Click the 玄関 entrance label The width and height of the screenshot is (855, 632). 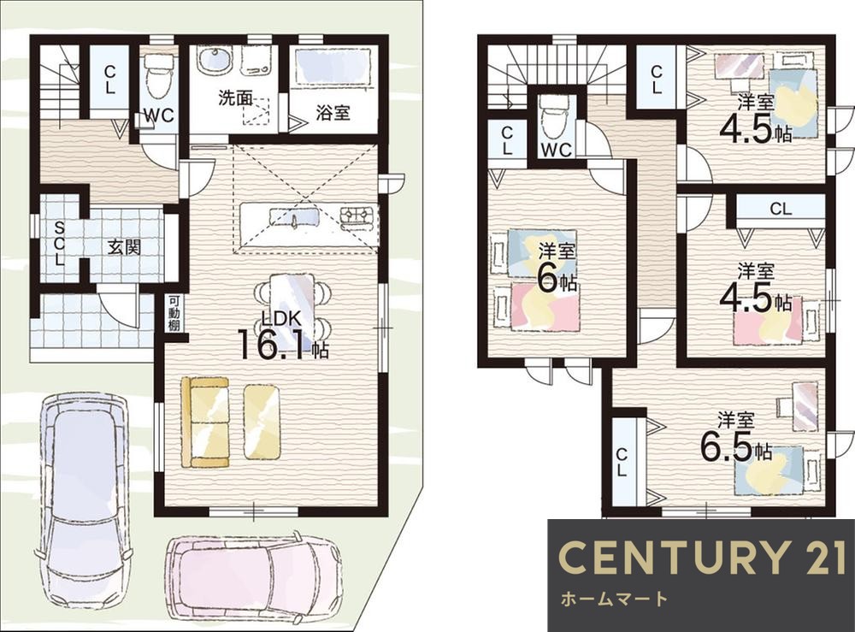point(124,247)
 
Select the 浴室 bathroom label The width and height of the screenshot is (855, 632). point(333,113)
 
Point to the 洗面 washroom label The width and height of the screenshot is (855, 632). point(236,98)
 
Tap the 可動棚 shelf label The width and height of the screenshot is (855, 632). point(174,313)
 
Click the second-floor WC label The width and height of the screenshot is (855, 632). point(556,150)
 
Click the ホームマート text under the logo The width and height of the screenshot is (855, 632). point(614,599)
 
